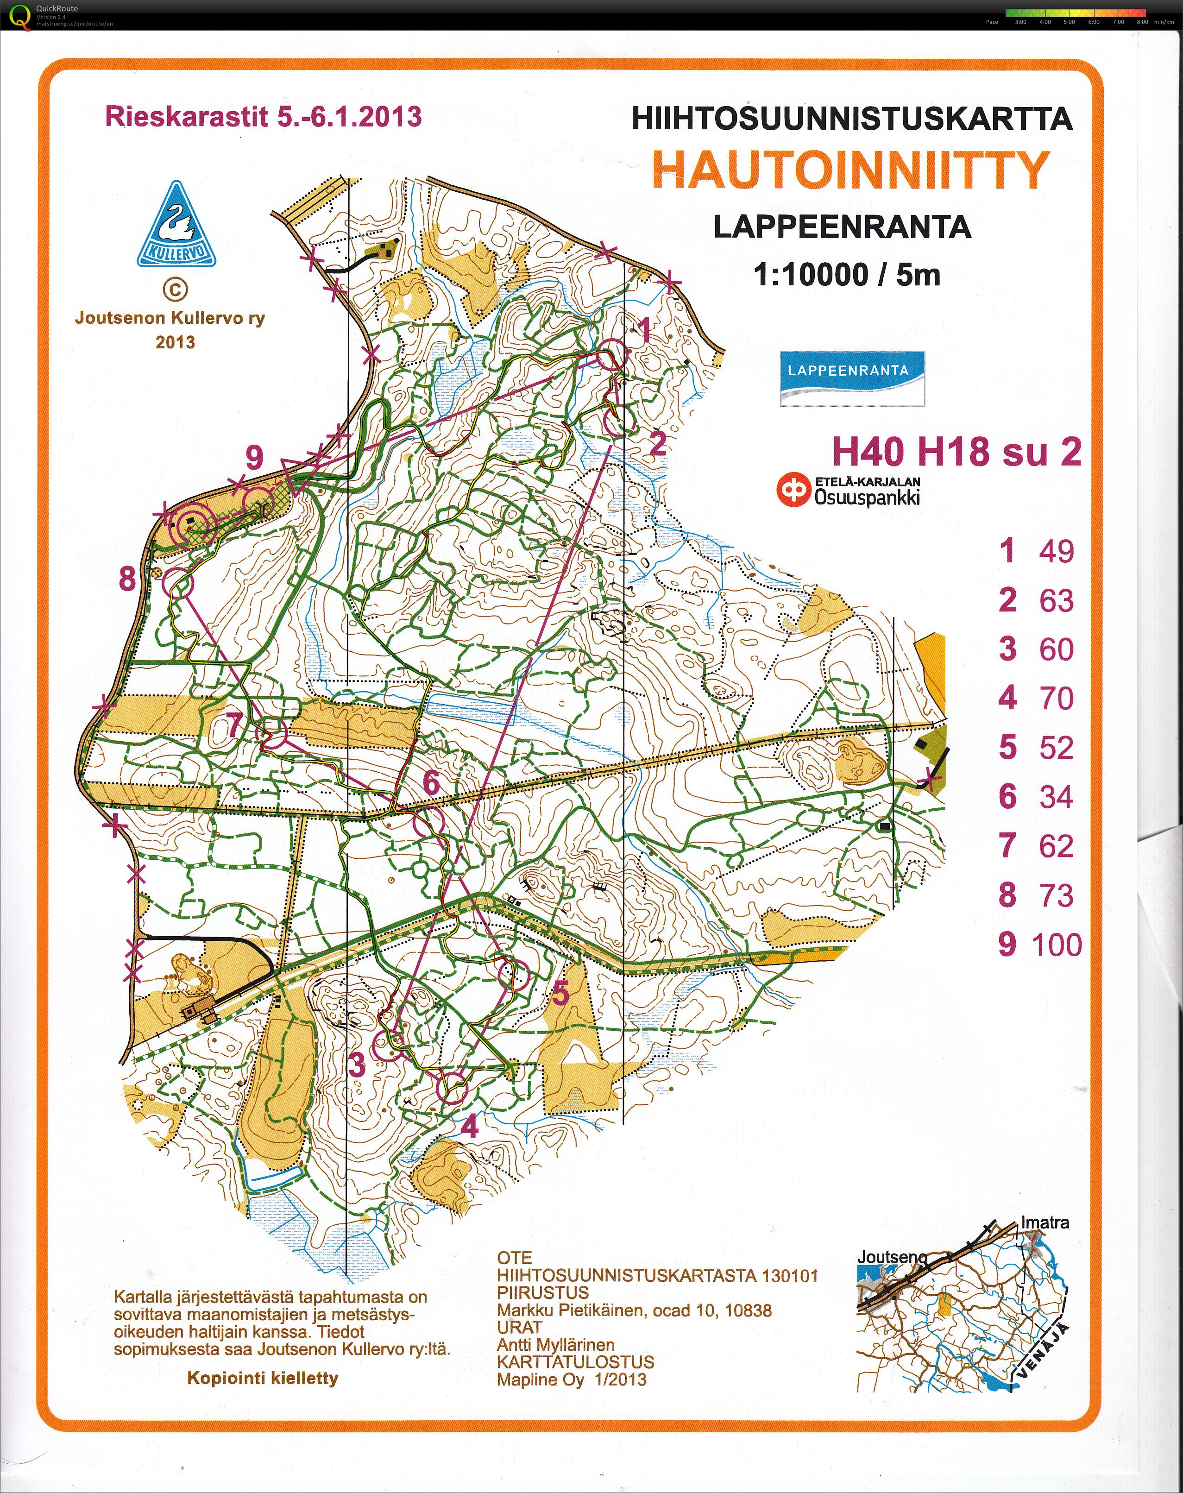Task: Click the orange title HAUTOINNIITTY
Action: pyautogui.click(x=850, y=170)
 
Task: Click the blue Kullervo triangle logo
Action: pyautogui.click(x=175, y=226)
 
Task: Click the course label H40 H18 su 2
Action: pyautogui.click(x=956, y=452)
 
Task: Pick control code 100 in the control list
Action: pyautogui.click(x=1056, y=945)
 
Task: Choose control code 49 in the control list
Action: pyautogui.click(x=1056, y=551)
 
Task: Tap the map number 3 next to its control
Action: pyautogui.click(x=356, y=1065)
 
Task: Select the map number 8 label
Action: pyautogui.click(x=127, y=578)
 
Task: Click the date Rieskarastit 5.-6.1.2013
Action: pyautogui.click(x=263, y=116)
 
